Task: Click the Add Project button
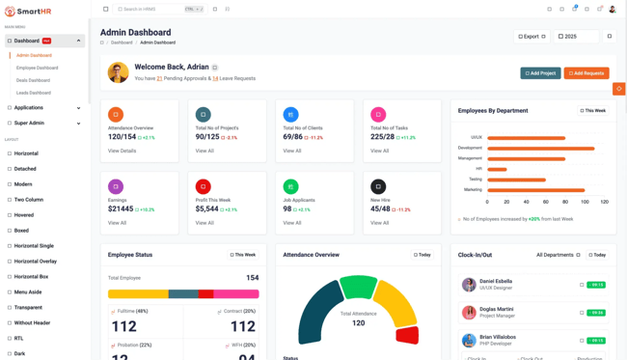point(540,72)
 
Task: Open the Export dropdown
point(532,37)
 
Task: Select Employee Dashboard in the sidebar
point(37,68)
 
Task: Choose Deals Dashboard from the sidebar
point(33,80)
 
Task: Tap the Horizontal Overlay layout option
point(35,261)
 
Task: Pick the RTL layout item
point(18,338)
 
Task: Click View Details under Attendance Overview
point(122,151)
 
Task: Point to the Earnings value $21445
point(121,208)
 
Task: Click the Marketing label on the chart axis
point(473,189)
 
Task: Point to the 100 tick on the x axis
point(585,202)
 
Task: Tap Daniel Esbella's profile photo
point(469,285)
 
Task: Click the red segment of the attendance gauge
point(407,335)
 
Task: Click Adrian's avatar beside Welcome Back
point(119,72)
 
